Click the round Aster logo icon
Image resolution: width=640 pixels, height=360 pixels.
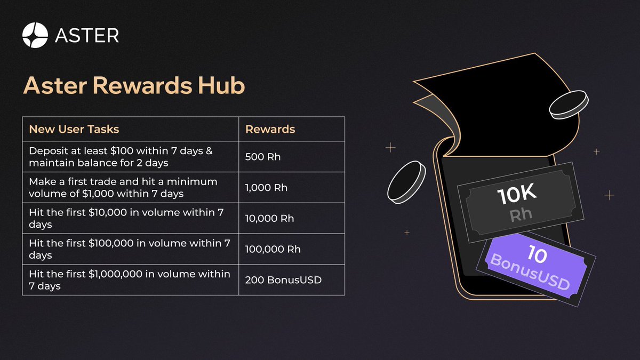coord(35,35)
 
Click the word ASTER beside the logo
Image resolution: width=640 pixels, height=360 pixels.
coord(87,35)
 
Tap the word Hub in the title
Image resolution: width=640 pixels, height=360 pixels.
coord(221,85)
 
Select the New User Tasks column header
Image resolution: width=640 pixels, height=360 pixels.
coord(74,129)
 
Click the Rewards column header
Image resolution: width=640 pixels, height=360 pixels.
coord(270,129)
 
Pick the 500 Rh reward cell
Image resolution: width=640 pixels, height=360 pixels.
coord(263,157)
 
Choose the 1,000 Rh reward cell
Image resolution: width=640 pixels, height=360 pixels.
coord(266,188)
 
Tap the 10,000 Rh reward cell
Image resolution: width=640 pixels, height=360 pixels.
coord(269,219)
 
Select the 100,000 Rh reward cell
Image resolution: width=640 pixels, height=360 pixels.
coord(273,249)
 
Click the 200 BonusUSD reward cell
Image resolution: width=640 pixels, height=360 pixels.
coord(283,280)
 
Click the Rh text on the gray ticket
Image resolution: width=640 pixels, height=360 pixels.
coord(521,215)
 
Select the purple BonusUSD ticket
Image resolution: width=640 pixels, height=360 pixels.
coord(535,269)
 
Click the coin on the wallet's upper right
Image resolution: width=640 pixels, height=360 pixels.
coord(569,105)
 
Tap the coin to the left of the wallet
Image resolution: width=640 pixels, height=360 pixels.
coord(406,182)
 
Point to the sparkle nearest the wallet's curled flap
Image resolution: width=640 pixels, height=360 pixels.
coord(390,147)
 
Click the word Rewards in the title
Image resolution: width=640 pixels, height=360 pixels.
coord(142,85)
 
